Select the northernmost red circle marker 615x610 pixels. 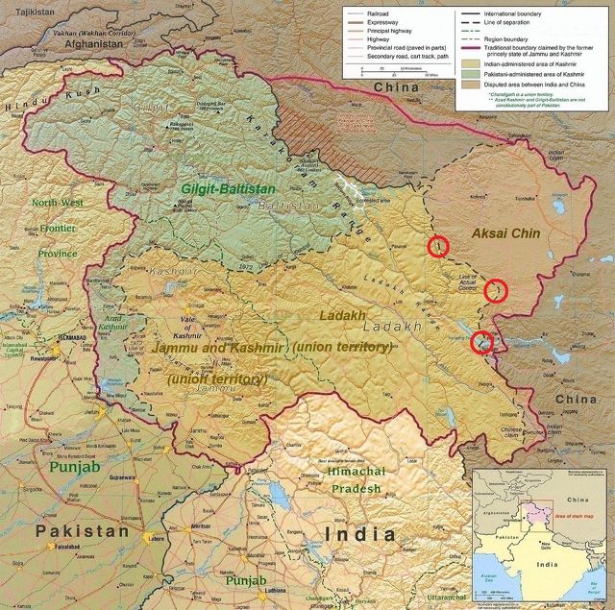(x=438, y=247)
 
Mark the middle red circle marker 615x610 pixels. (x=495, y=288)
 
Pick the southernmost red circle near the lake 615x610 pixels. (x=483, y=341)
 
